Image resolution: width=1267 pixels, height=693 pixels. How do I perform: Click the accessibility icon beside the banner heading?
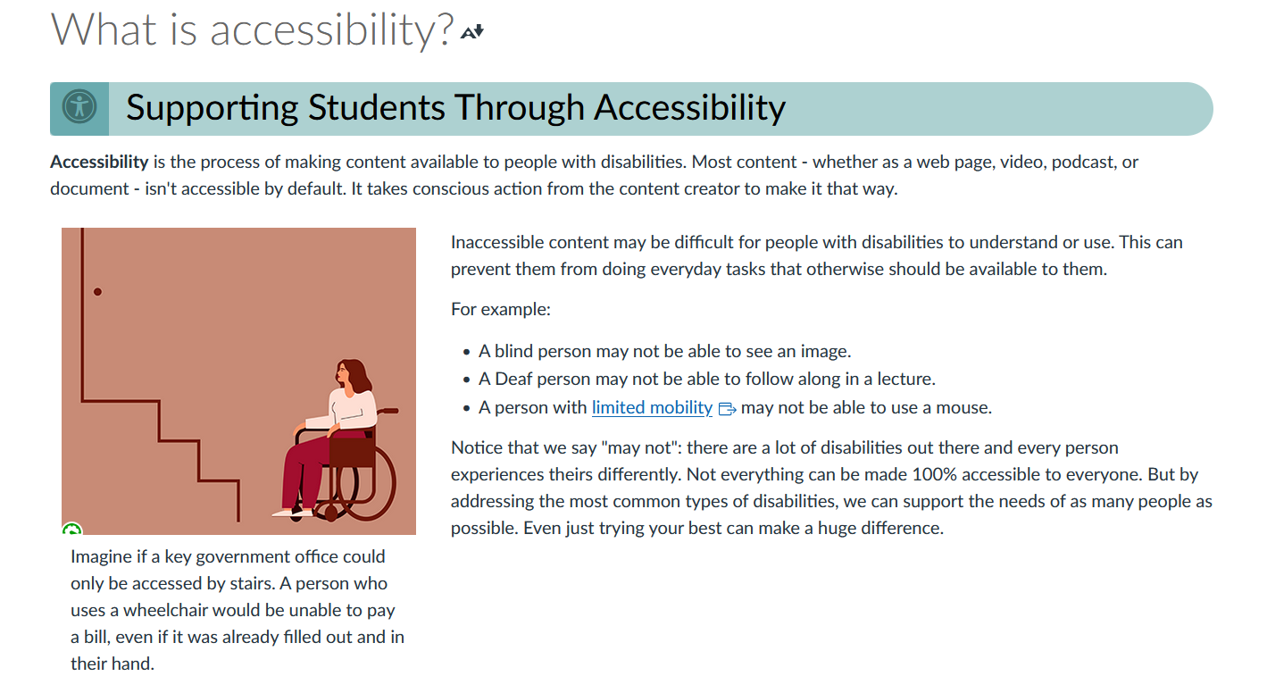pyautogui.click(x=79, y=108)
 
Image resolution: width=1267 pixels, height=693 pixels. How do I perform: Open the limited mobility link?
pyautogui.click(x=652, y=408)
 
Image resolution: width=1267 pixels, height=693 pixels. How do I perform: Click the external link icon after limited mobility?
pyautogui.click(x=727, y=409)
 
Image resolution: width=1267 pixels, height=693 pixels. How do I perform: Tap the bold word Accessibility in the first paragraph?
pyautogui.click(x=99, y=163)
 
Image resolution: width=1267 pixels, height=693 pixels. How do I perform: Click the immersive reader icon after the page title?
pyautogui.click(x=472, y=32)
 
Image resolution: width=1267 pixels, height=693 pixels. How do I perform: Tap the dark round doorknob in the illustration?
pyautogui.click(x=97, y=292)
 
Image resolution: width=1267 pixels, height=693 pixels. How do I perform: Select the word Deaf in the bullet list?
pyautogui.click(x=513, y=380)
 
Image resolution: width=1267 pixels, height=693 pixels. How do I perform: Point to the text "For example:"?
pyautogui.click(x=501, y=310)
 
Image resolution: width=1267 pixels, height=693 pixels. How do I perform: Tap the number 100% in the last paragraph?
pyautogui.click(x=798, y=474)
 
